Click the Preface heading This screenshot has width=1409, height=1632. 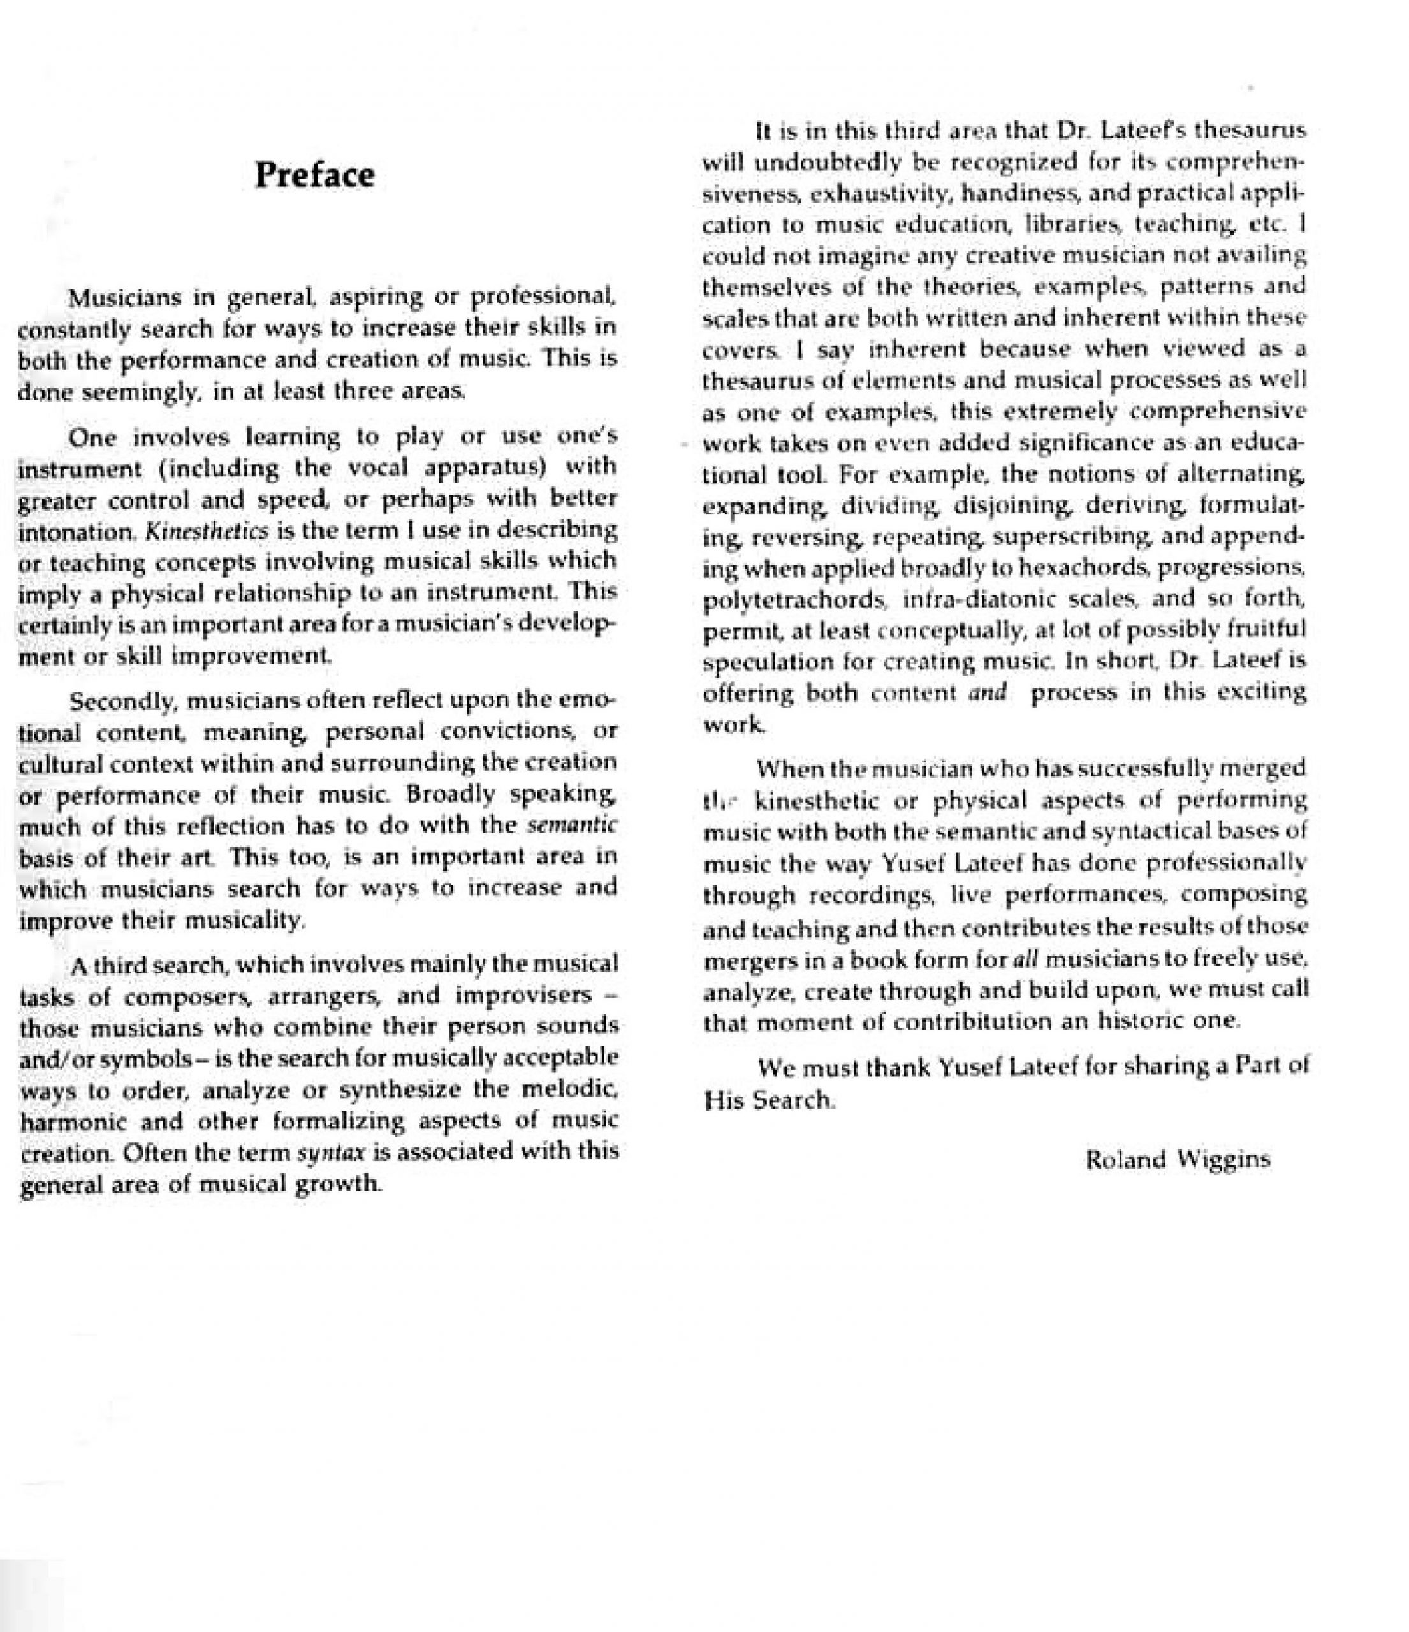314,174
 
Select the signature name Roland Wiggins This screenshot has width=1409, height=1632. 1178,1160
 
